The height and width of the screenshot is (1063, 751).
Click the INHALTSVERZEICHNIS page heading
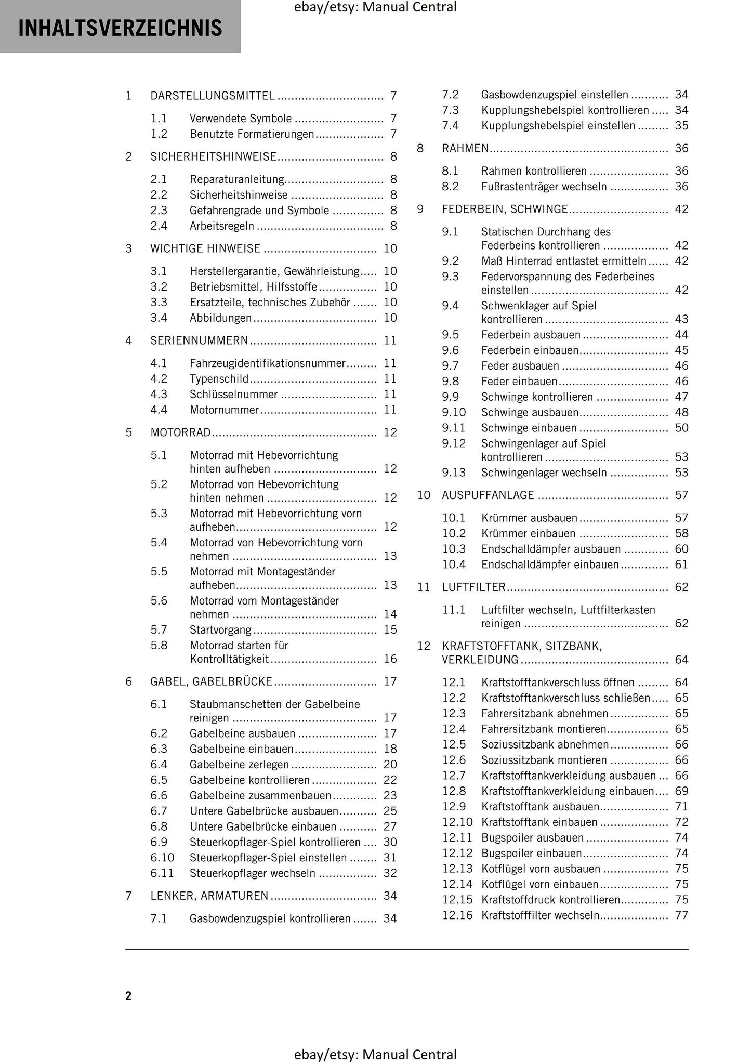coord(120,28)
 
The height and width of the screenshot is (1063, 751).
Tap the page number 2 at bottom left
coord(128,995)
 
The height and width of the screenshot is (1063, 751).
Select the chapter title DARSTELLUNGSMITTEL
coord(213,96)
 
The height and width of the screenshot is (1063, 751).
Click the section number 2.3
coord(159,211)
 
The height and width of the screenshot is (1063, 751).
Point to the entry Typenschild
coord(219,379)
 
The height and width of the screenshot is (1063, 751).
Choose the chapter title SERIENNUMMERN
coord(199,340)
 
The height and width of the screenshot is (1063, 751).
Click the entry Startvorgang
coord(220,630)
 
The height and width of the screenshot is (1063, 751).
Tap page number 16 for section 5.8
coord(390,659)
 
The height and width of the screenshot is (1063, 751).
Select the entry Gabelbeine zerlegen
coord(239,765)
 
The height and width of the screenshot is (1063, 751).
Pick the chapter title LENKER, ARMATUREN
coord(209,896)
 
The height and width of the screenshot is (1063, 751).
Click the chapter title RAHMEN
coord(465,149)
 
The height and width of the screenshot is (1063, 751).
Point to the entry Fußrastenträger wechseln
coord(544,187)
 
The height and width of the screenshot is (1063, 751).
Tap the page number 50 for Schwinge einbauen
coord(681,428)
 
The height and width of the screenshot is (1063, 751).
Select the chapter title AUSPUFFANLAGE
coord(488,495)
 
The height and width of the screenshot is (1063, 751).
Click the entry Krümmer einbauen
coord(528,534)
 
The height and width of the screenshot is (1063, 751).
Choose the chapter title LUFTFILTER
coord(473,587)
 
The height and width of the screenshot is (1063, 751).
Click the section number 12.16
coord(457,915)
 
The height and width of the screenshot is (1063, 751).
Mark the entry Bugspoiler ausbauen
coord(532,838)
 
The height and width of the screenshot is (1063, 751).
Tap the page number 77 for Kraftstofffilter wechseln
coord(681,915)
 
